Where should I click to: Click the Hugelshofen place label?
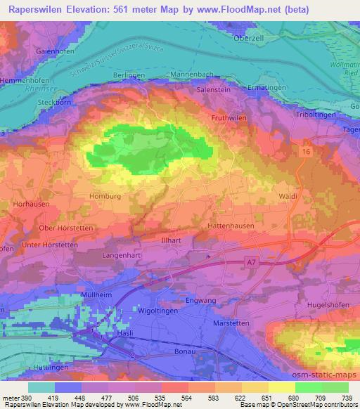[330, 306]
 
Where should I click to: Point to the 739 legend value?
[345, 397]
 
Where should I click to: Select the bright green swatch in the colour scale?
[308, 387]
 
